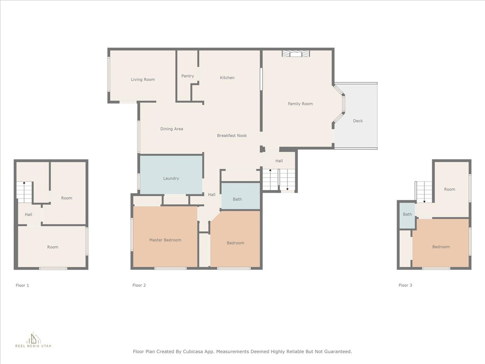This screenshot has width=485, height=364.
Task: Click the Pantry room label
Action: coord(188,76)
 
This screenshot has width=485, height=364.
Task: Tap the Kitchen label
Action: coord(227,78)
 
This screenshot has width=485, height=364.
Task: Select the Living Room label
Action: coord(143,80)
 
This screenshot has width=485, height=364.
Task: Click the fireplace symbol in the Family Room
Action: coord(296,54)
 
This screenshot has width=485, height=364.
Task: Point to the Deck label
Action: coord(358,121)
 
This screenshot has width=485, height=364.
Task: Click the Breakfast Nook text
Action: coord(232,136)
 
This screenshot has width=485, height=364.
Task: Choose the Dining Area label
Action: coord(171,129)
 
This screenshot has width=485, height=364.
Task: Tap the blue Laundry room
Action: coord(171,175)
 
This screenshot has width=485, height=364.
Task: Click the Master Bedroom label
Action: coord(165,240)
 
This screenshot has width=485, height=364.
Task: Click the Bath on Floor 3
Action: coord(407,215)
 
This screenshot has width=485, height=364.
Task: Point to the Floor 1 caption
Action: coord(22,285)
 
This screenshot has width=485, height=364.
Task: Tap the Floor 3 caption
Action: coord(405,285)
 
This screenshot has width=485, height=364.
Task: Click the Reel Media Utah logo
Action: coord(33,340)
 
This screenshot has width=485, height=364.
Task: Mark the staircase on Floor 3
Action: coord(423,192)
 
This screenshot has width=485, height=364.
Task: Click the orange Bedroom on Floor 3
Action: coord(441,243)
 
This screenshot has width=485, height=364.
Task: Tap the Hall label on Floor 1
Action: coord(28,215)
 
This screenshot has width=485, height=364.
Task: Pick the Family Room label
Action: coord(300,104)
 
